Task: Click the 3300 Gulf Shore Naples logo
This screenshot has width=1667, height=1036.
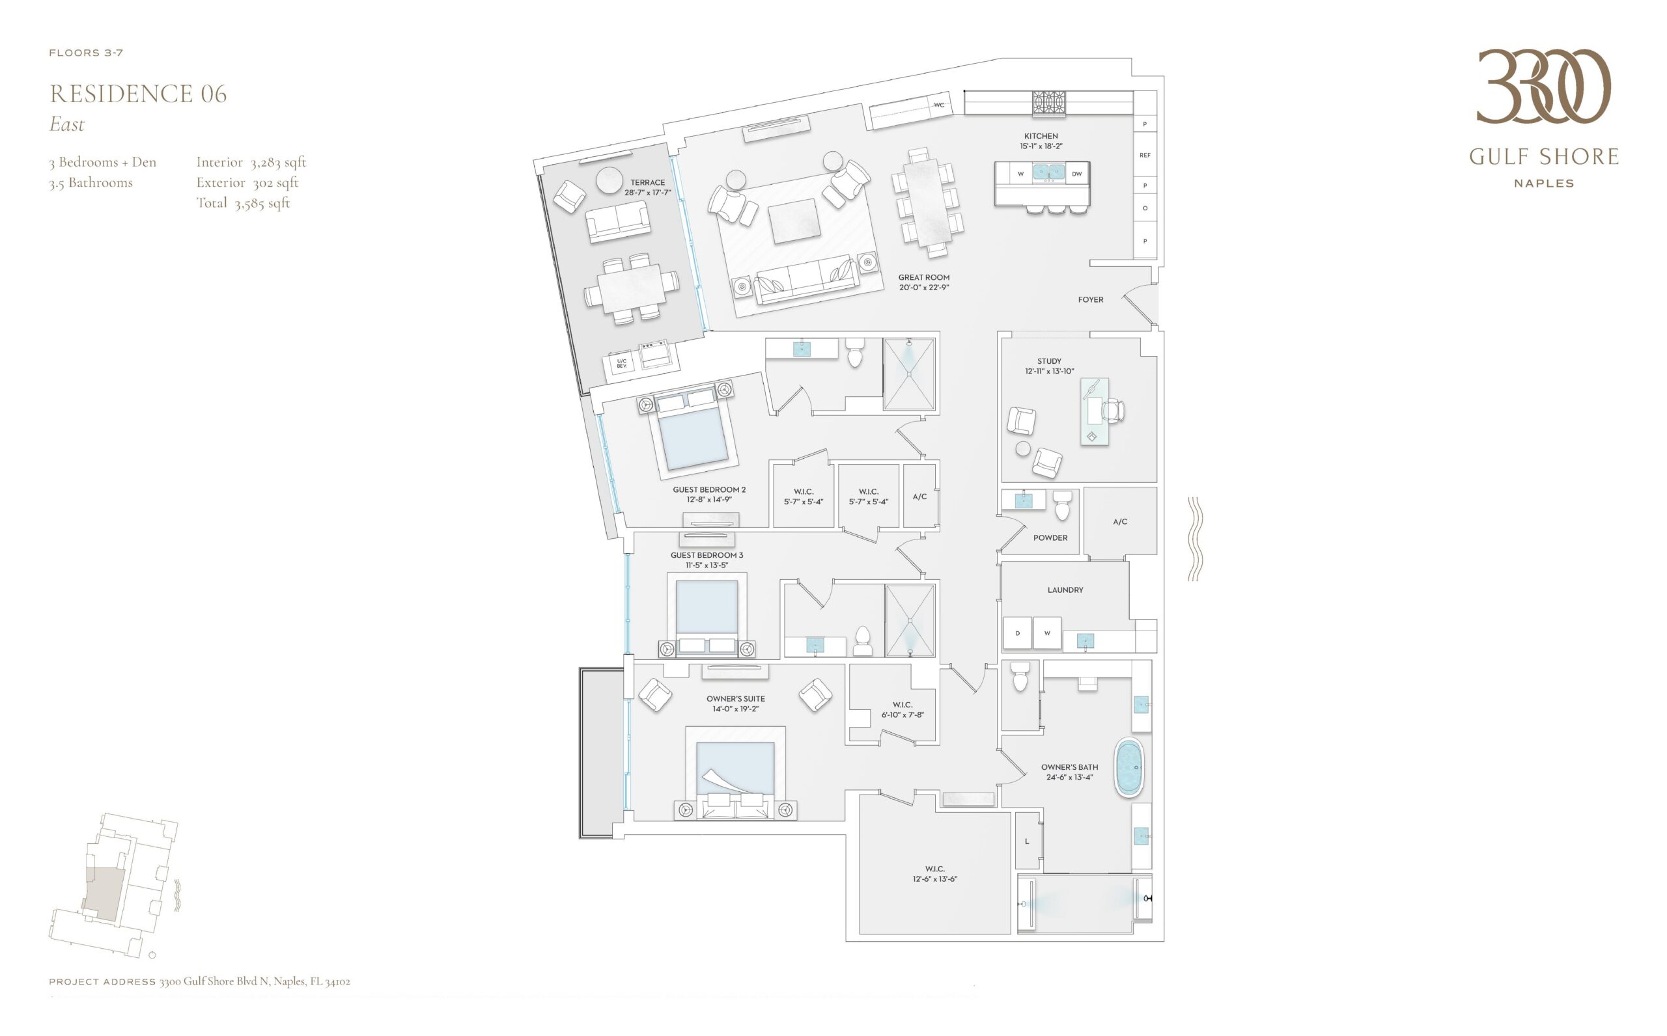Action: [x=1544, y=118]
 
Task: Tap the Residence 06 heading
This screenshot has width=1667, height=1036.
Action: [x=138, y=94]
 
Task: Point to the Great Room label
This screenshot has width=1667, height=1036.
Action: [x=924, y=277]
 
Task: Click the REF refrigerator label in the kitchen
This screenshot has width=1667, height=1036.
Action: [x=1145, y=156]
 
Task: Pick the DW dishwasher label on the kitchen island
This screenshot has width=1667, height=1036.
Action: [x=1077, y=174]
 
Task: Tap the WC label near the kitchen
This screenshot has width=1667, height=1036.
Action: [x=939, y=105]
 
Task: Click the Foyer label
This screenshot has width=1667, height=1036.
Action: [x=1091, y=299]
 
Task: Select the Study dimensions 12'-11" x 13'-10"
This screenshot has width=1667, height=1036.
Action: [x=1050, y=372]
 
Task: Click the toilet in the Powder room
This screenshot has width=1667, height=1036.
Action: [x=1062, y=505]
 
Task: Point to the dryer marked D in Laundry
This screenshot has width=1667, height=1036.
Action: [x=1017, y=633]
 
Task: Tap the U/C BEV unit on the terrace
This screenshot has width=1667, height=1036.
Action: [x=622, y=363]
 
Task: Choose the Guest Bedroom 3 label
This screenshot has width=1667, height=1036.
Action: [x=707, y=555]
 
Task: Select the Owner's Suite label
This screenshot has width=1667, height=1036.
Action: [x=735, y=699]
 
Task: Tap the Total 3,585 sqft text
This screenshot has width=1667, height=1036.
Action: [x=244, y=204]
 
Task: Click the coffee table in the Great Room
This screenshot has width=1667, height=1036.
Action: [x=794, y=221]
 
